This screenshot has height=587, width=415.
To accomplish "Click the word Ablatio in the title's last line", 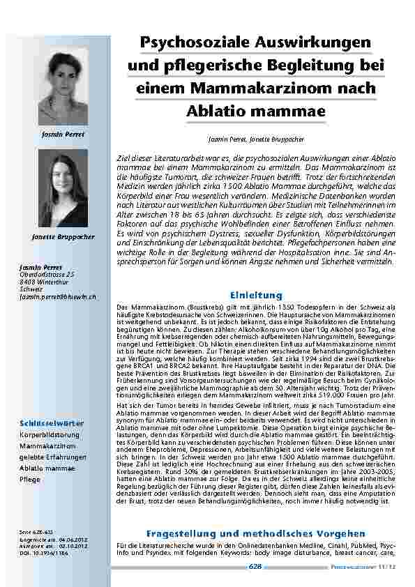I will point(219,112).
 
